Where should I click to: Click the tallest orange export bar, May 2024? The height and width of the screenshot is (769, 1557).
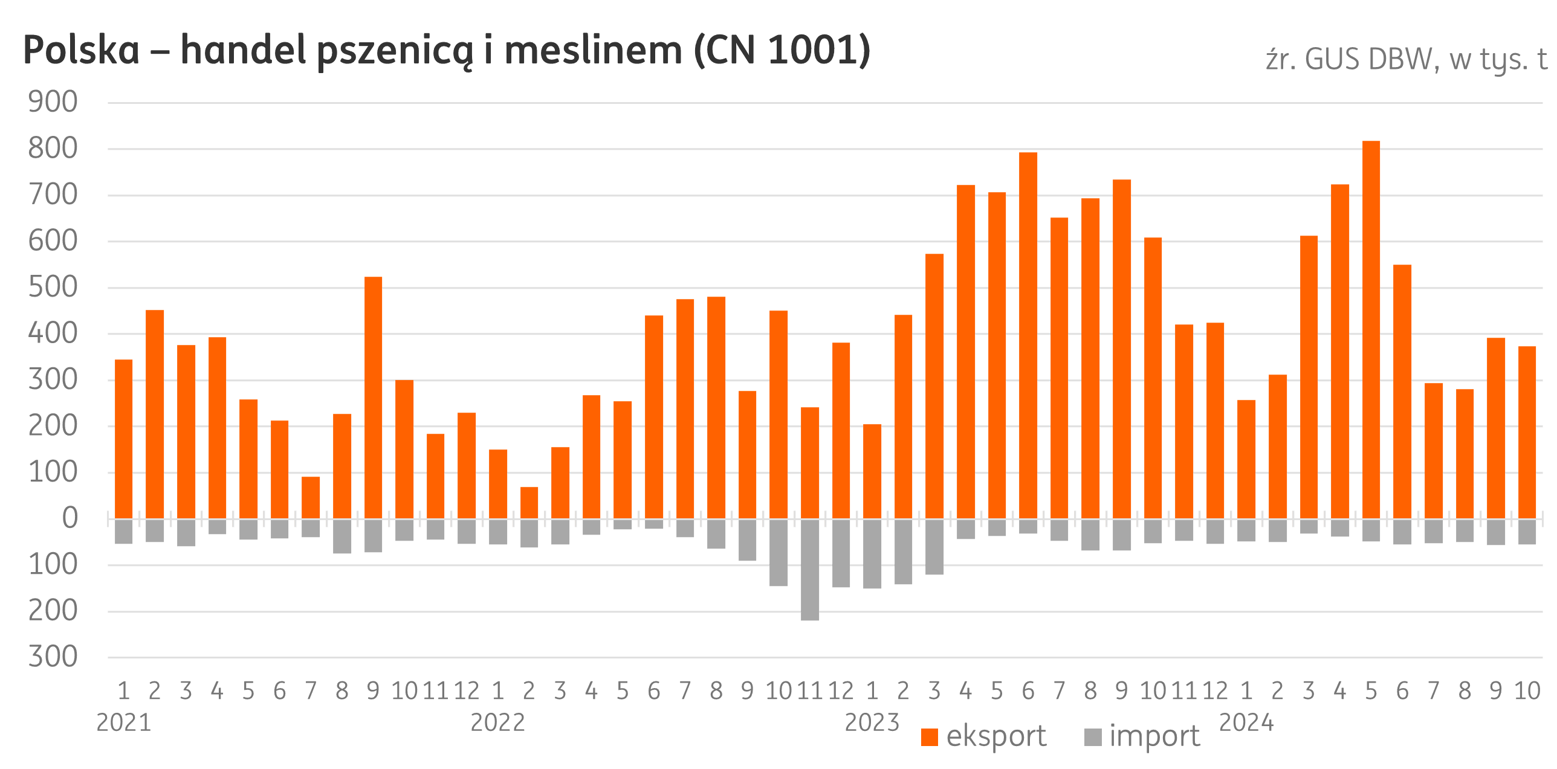[1371, 329]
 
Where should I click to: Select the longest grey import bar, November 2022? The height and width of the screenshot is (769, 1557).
[810, 569]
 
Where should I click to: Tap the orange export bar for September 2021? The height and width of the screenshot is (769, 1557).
[374, 397]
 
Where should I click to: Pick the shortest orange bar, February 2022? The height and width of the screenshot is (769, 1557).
[529, 503]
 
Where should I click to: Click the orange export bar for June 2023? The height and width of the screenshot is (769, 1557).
[1028, 335]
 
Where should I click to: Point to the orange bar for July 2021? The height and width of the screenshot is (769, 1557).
[311, 498]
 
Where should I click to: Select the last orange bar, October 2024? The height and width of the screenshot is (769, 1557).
[1527, 433]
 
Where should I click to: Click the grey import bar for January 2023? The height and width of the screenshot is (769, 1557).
[872, 553]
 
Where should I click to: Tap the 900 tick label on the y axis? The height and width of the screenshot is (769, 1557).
[53, 103]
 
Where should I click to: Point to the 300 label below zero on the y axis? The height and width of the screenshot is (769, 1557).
[53, 657]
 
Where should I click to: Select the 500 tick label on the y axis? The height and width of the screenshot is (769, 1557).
[53, 288]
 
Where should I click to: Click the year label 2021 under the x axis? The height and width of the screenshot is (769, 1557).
[124, 722]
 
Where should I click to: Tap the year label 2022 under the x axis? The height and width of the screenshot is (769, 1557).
[498, 722]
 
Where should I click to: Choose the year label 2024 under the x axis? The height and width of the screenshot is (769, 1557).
[1246, 722]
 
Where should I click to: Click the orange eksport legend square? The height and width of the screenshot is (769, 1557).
[930, 737]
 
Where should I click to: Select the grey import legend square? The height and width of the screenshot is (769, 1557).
[1093, 737]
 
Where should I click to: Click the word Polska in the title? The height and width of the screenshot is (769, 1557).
[82, 51]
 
